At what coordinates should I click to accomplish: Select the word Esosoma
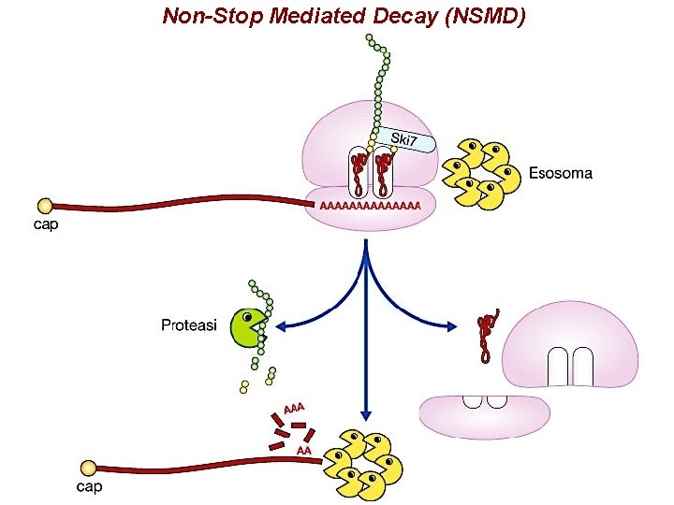(560, 173)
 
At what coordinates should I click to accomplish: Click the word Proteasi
(190, 325)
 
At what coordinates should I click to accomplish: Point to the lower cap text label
(89, 486)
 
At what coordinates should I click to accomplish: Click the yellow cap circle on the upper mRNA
(44, 205)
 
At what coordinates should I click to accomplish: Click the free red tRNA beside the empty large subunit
(486, 337)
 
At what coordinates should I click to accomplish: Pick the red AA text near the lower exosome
(303, 451)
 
